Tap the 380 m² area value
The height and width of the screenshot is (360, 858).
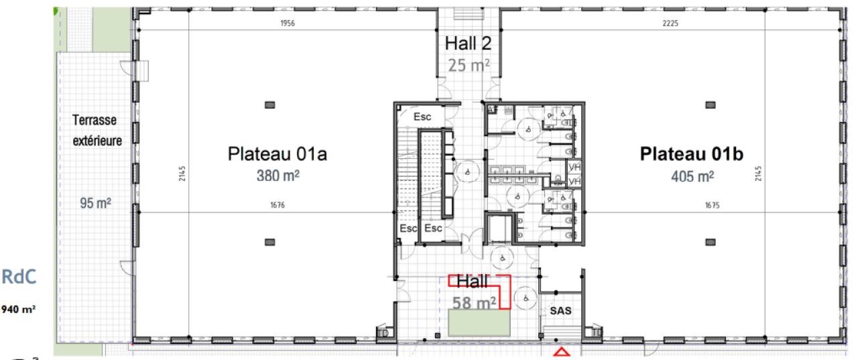tap(277, 176)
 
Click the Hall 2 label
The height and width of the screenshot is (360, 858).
tap(468, 44)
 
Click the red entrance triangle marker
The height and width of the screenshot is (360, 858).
tap(560, 352)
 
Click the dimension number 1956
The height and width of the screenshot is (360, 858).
tap(288, 23)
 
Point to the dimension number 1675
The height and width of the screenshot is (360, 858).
tap(712, 206)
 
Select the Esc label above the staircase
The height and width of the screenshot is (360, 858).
tap(422, 116)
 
